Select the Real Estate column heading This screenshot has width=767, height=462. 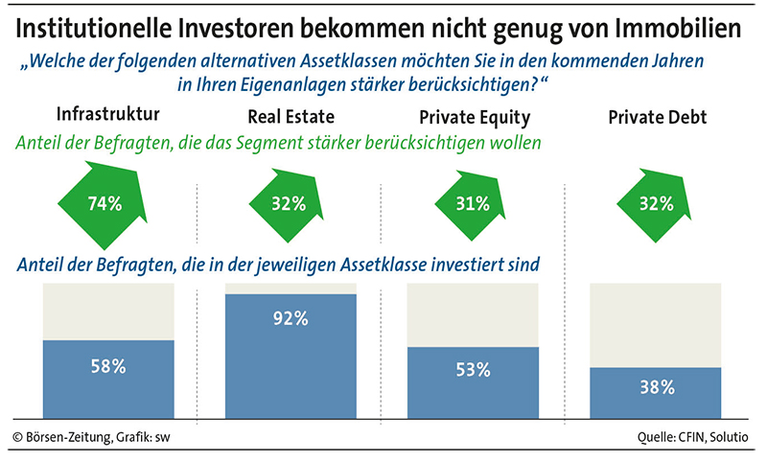[291, 118]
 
